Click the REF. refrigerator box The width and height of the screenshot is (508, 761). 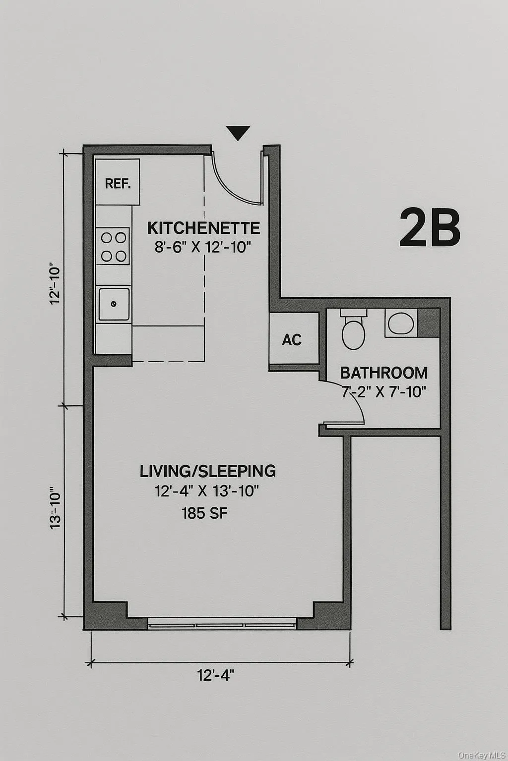point(118,182)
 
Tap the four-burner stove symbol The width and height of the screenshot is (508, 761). point(113,246)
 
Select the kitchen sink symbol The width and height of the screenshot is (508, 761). point(114,304)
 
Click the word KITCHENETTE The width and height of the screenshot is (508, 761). point(203,228)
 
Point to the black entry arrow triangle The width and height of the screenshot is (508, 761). point(238,133)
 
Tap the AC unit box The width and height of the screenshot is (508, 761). point(293,339)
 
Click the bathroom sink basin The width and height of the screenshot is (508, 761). point(400,324)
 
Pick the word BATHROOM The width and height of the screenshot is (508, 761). point(384,373)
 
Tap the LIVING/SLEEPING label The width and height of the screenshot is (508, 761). point(207,471)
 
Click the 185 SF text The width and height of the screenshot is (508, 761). point(204,513)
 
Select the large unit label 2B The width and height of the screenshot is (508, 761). point(430,228)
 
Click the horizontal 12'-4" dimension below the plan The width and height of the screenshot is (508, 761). point(216,675)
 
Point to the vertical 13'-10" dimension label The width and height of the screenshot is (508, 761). point(56,510)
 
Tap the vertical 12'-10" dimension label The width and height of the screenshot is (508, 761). point(56,285)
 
